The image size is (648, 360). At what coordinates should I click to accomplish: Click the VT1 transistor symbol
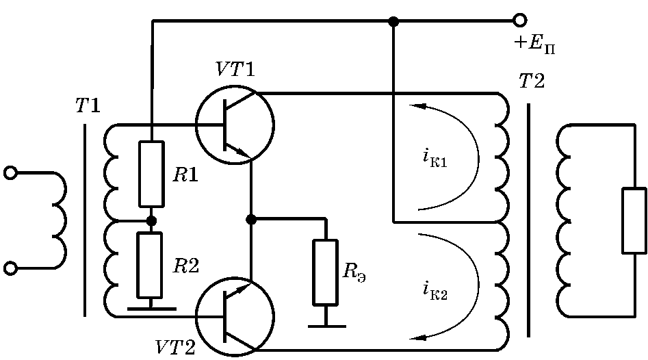234,125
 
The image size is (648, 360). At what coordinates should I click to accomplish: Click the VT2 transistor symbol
234,317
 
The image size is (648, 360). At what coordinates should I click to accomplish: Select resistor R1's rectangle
151,174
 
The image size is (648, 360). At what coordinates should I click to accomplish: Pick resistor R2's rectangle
150,265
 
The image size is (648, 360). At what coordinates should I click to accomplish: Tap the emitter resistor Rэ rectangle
325,272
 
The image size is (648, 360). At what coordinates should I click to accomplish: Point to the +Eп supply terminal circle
520,20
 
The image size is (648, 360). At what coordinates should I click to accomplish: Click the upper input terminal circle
11,172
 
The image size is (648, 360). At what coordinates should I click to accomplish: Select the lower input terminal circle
11,269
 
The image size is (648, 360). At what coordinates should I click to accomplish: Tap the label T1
88,106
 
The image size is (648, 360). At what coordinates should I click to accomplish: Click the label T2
532,81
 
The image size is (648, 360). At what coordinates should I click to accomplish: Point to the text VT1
235,69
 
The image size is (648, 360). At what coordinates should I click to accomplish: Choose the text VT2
174,348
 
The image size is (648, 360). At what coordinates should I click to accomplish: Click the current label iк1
435,159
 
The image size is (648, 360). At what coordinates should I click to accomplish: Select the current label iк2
435,291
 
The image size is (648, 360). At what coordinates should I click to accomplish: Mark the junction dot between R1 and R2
152,220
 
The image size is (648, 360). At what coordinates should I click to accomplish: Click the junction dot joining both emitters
251,220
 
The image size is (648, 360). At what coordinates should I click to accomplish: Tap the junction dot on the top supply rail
394,21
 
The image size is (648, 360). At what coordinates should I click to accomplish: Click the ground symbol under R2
151,307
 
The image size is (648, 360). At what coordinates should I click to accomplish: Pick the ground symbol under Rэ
326,321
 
